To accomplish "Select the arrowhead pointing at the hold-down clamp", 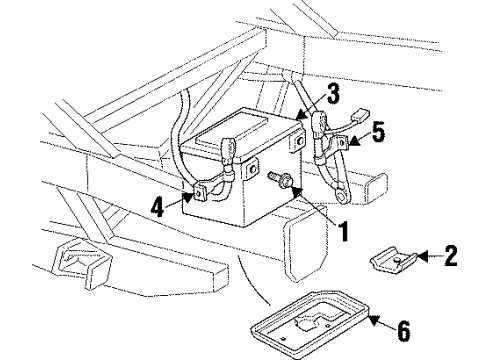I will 421,258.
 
